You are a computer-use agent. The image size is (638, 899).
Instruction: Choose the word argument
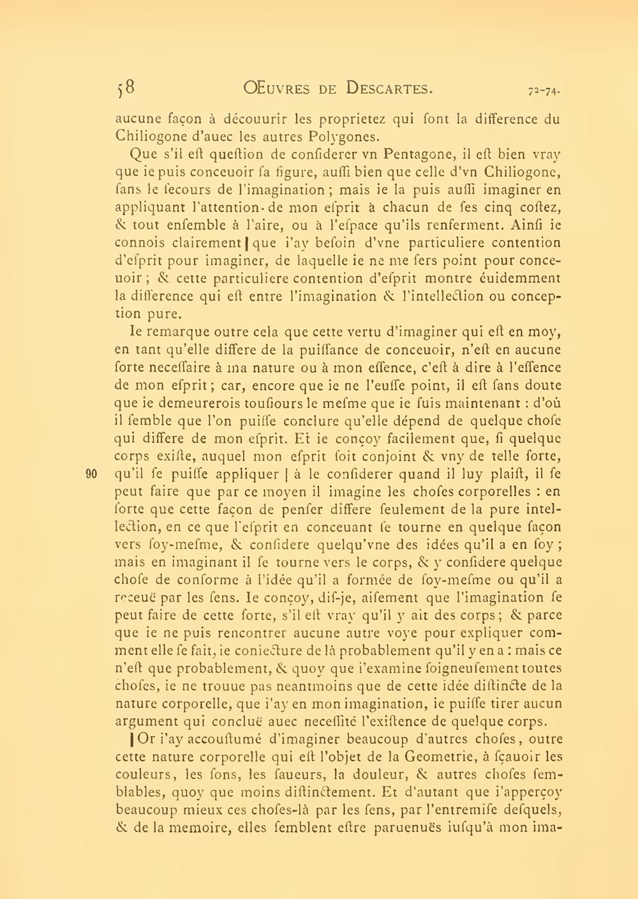[144, 722]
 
